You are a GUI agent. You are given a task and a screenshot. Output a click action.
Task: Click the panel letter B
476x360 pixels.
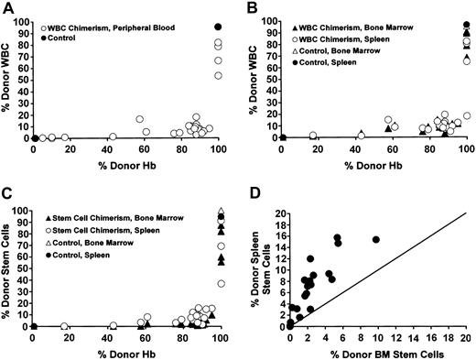pos(251,7)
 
